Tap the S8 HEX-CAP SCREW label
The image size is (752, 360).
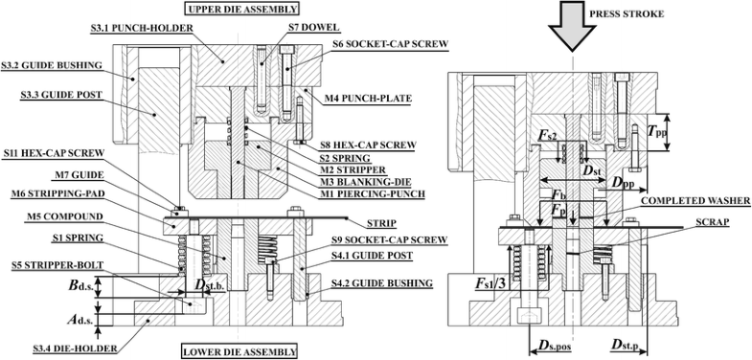click(368, 145)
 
